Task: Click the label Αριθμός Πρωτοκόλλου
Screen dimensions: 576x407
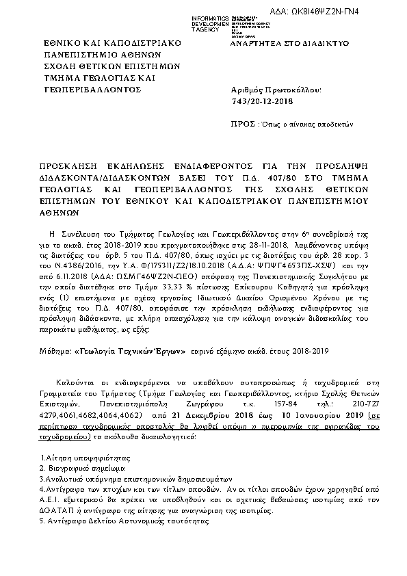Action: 273,90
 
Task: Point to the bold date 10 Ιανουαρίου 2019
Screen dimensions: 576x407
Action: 321,415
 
